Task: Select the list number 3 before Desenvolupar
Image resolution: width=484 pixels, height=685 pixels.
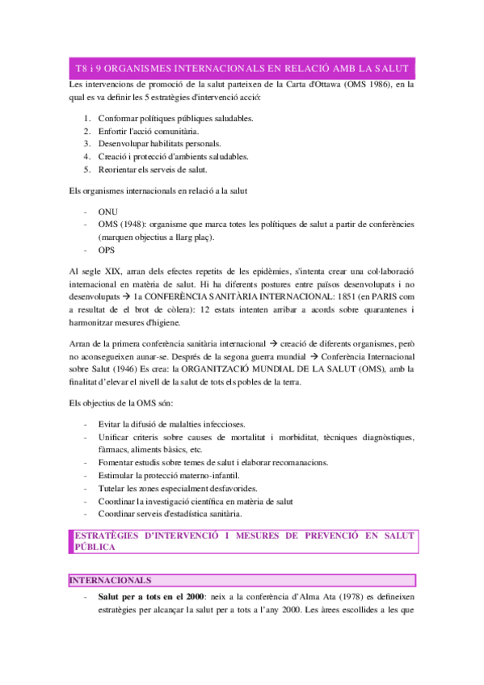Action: [x=87, y=144]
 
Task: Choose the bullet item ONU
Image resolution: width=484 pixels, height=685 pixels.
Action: [x=107, y=212]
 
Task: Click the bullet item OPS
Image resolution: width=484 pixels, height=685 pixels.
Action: [x=106, y=250]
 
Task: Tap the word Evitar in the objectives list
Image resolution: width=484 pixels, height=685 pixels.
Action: [x=112, y=424]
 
